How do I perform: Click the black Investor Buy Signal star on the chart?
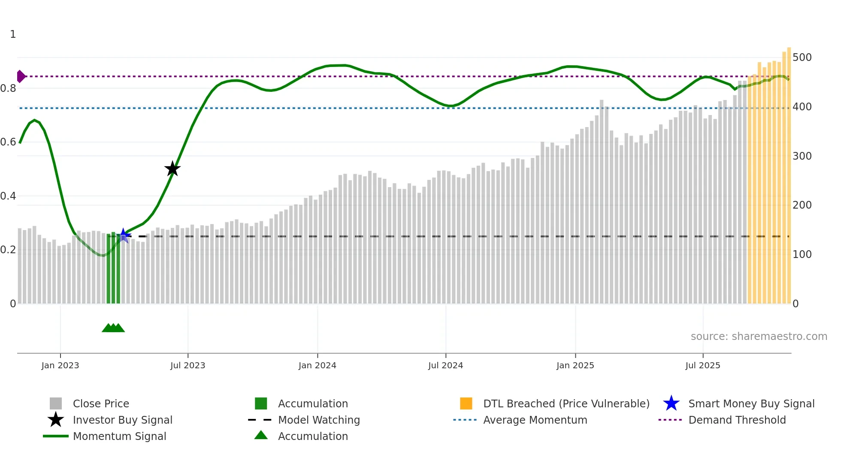tap(172, 169)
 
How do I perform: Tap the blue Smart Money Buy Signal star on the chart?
tap(124, 235)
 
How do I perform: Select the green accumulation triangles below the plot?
tap(113, 328)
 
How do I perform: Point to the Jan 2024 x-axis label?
tap(317, 366)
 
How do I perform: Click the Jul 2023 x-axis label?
tap(188, 366)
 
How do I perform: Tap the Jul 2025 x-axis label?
tap(702, 366)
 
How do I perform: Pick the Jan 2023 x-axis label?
tap(60, 366)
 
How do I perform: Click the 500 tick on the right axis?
tap(802, 58)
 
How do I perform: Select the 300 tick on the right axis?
tap(802, 156)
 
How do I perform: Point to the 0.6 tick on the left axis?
tap(8, 142)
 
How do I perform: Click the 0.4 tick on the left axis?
tap(8, 196)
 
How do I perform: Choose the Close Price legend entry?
tap(101, 404)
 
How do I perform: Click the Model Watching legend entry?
tap(319, 420)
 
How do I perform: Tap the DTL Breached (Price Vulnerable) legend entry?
tap(566, 404)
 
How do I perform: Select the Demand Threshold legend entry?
tap(737, 420)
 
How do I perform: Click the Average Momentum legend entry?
tap(535, 420)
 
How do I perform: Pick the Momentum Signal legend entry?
tap(119, 437)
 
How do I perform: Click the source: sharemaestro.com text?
tap(759, 337)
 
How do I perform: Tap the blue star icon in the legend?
tap(671, 403)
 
